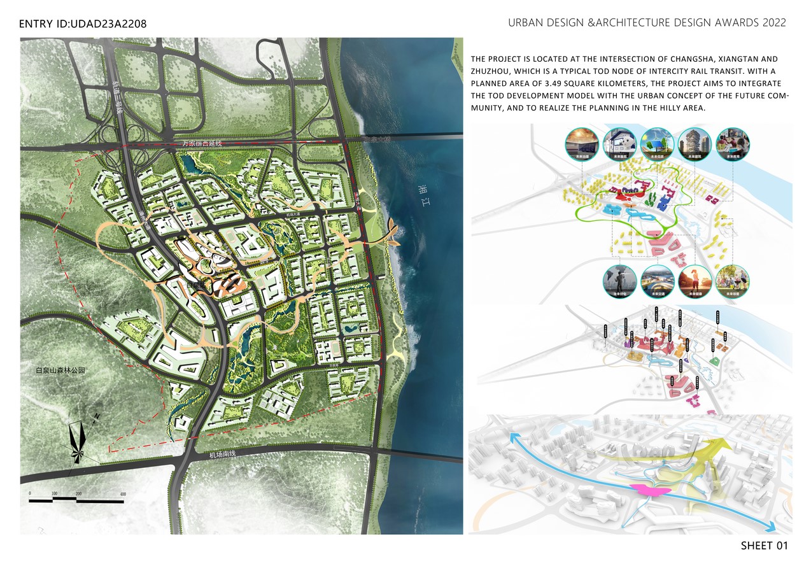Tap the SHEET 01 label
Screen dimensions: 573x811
pos(764,546)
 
